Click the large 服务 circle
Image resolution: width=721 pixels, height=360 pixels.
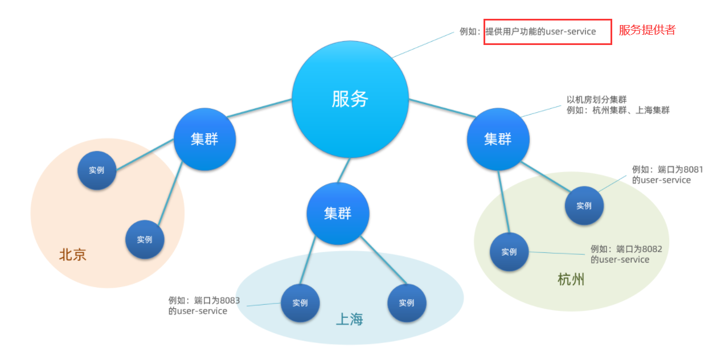point(350,99)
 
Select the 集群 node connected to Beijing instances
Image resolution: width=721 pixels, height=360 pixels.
point(204,139)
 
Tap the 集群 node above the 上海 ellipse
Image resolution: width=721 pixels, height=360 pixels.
point(338,214)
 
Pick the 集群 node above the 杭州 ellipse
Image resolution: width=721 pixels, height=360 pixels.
point(498,139)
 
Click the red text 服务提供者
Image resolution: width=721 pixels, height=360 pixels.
point(647,31)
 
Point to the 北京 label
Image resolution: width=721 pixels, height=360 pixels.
point(73,255)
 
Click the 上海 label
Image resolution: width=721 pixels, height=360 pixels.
point(349,320)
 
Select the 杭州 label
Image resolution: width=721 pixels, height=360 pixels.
point(571,280)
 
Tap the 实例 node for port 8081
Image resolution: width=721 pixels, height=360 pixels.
point(584,206)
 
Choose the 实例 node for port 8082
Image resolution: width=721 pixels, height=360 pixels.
point(509,252)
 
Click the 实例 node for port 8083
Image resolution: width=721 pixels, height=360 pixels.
point(300,303)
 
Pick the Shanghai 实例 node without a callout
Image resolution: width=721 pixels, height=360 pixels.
point(407,303)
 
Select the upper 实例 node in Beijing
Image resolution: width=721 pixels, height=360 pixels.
point(97,170)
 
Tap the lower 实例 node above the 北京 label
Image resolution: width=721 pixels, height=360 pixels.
point(145,239)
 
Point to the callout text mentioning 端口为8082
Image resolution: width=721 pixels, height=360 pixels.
point(626,254)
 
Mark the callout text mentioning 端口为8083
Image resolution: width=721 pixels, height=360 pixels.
point(203,305)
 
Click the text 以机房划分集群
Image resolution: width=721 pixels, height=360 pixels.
point(596,100)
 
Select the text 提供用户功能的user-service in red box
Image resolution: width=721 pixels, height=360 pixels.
point(540,32)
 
